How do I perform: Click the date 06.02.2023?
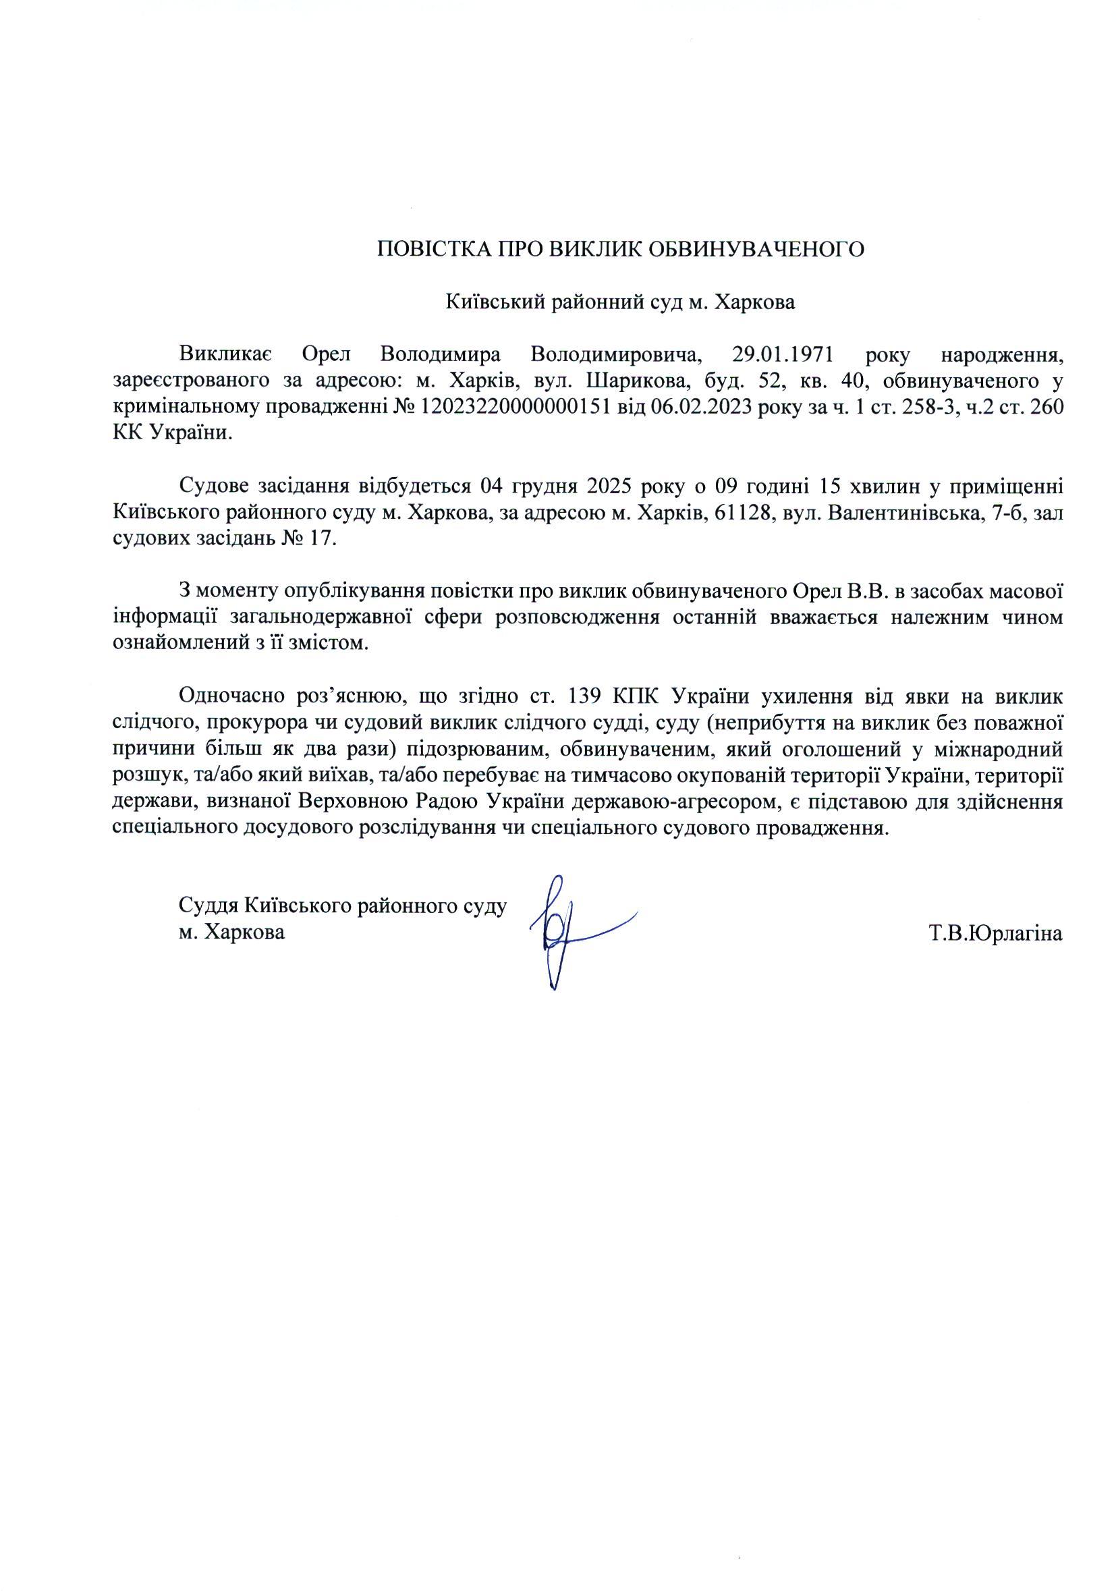tap(704, 408)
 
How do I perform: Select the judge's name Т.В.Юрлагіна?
tap(995, 933)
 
